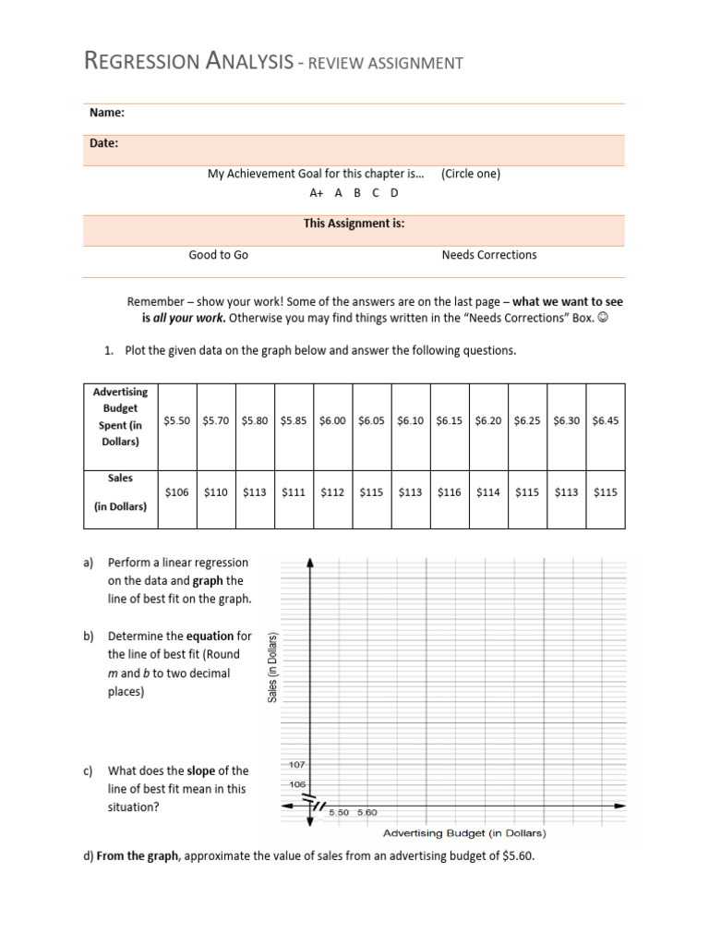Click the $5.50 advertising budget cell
point(177,419)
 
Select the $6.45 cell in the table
point(606,419)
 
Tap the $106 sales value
point(177,492)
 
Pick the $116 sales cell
point(450,492)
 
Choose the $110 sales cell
point(216,492)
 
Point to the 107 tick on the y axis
point(295,766)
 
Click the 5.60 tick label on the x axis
point(367,812)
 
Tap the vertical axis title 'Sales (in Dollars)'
point(273,666)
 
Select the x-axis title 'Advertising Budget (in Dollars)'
point(463,832)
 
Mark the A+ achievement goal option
point(317,193)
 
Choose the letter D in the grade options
point(394,193)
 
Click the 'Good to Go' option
point(218,255)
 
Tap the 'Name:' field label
point(107,113)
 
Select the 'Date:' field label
point(103,143)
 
